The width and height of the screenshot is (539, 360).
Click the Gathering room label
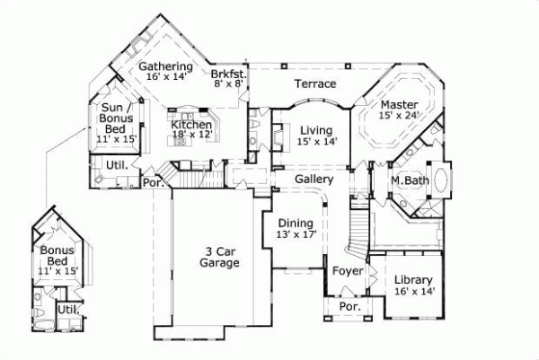(166, 66)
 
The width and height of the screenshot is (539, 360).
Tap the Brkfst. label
(228, 75)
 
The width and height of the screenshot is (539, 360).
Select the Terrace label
(315, 84)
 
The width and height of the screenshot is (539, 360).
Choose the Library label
(413, 280)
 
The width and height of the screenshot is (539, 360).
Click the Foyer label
(347, 270)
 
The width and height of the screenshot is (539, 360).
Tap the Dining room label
(295, 224)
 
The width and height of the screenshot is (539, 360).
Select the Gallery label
(314, 180)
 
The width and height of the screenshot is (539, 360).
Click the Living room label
(317, 129)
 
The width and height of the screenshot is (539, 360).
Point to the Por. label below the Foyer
(349, 306)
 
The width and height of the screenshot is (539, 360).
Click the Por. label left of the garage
(151, 183)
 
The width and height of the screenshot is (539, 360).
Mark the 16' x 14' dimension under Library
(413, 292)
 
